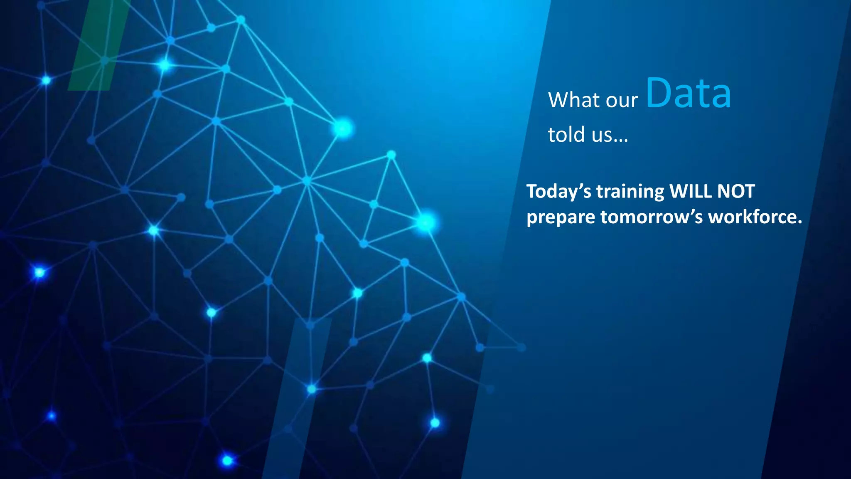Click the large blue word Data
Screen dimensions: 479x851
pyautogui.click(x=688, y=94)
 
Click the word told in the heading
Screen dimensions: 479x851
pyautogui.click(x=566, y=135)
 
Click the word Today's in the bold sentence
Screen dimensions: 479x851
pyautogui.click(x=558, y=192)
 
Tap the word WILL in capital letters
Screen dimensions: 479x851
pyautogui.click(x=690, y=191)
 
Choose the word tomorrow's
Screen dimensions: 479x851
pyautogui.click(x=651, y=217)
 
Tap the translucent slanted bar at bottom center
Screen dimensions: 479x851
pyautogui.click(x=296, y=399)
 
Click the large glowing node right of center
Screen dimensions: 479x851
pyautogui.click(x=425, y=222)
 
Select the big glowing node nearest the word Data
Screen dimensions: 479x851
pyautogui.click(x=343, y=128)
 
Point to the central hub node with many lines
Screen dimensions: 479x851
pyautogui.click(x=307, y=181)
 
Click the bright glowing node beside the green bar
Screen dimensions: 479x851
pyautogui.click(x=165, y=65)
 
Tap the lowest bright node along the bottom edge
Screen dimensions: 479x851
pyautogui.click(x=227, y=460)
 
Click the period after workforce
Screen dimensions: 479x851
pyautogui.click(x=799, y=222)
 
